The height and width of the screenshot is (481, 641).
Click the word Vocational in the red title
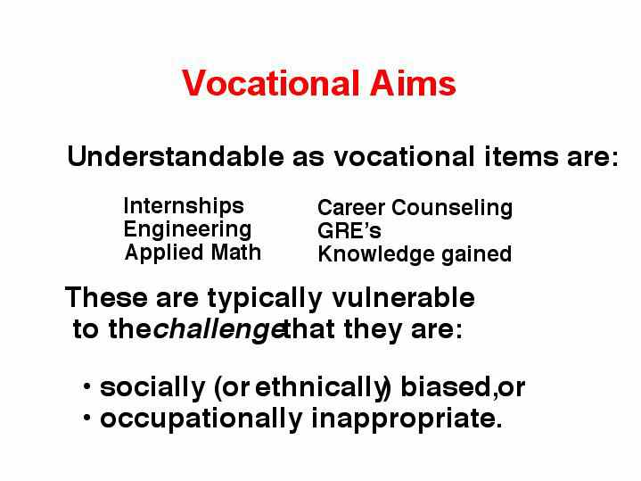coord(271,83)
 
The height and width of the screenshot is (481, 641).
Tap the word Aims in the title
coord(413,83)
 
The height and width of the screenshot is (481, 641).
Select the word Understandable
coord(176,156)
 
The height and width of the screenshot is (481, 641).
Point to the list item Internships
coord(184,206)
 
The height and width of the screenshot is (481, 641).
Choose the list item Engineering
coord(187,230)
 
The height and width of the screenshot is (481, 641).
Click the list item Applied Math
coord(193,253)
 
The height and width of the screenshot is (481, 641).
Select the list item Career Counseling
coord(415,209)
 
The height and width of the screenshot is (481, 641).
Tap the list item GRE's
coord(349,231)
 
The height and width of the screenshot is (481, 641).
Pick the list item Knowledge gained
coord(415,254)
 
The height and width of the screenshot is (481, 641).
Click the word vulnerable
coord(403,297)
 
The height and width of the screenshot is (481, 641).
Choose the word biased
coord(446,386)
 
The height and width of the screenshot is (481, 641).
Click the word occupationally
coord(201,419)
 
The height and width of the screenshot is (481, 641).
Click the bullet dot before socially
coord(86,386)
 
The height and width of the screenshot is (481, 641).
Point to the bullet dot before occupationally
coord(86,418)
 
